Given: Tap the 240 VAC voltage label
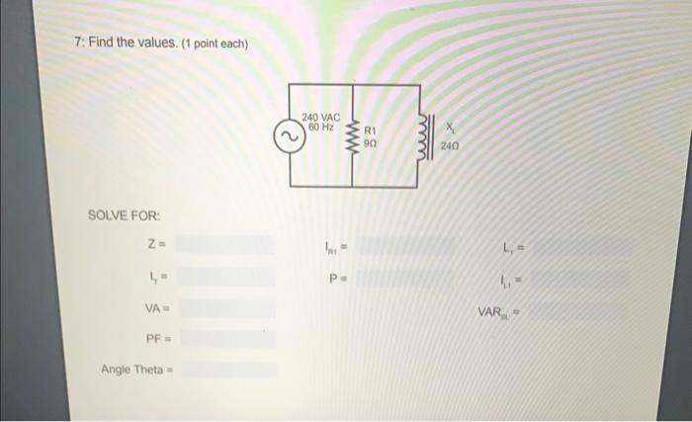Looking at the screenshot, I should point(321,117).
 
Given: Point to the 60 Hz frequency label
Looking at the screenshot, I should point(320,127).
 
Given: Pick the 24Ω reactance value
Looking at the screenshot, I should point(450,144).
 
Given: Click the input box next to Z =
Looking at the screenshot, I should point(226,243).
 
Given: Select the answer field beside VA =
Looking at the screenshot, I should point(226,308).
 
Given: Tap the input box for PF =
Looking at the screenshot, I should point(226,339).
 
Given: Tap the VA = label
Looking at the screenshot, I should point(154,308).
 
